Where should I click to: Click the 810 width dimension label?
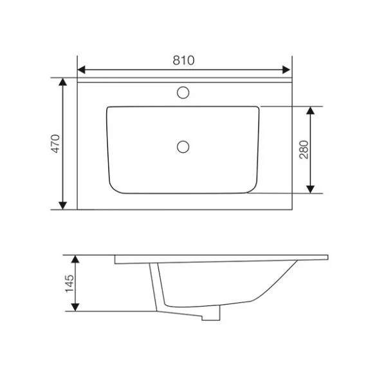tap(183, 61)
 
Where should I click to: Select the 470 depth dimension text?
tap(55, 144)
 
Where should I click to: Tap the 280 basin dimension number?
tap(304, 149)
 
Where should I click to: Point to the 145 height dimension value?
tap(69, 283)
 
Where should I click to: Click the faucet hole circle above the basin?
tap(183, 93)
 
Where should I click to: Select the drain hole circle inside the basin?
tap(183, 147)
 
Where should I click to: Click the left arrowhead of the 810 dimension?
tap(82, 70)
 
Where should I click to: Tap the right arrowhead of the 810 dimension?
tap(286, 70)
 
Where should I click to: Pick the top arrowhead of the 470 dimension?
tap(63, 82)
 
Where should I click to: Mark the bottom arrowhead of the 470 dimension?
tap(63, 206)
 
